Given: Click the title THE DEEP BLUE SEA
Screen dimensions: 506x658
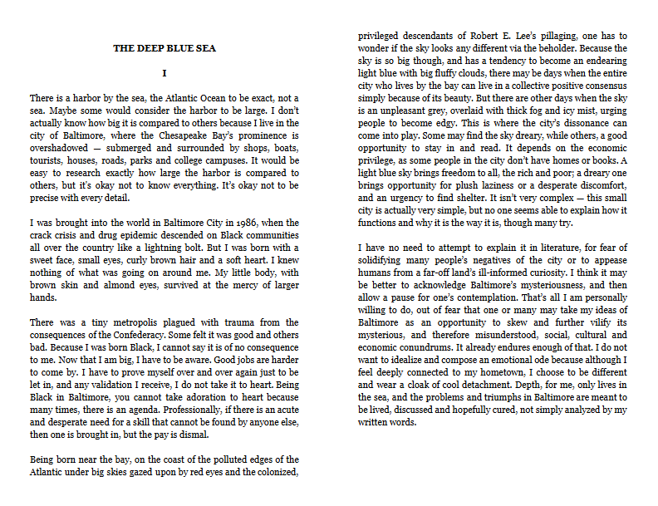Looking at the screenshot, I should [164, 48].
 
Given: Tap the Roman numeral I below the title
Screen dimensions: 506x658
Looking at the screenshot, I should [164, 74].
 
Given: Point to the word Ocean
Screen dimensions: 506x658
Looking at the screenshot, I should [191, 97].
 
